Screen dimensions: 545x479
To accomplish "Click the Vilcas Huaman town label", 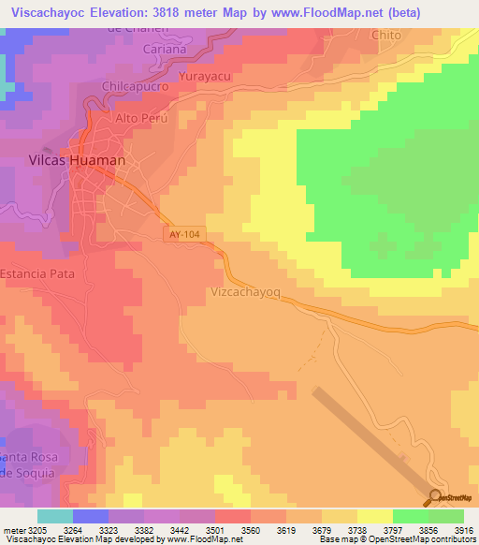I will tap(69, 161).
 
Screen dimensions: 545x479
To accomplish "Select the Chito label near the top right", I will tap(385, 35).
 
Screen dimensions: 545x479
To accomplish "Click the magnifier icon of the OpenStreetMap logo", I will tap(435, 497).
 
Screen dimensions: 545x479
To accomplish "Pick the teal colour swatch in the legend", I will tap(55, 516).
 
